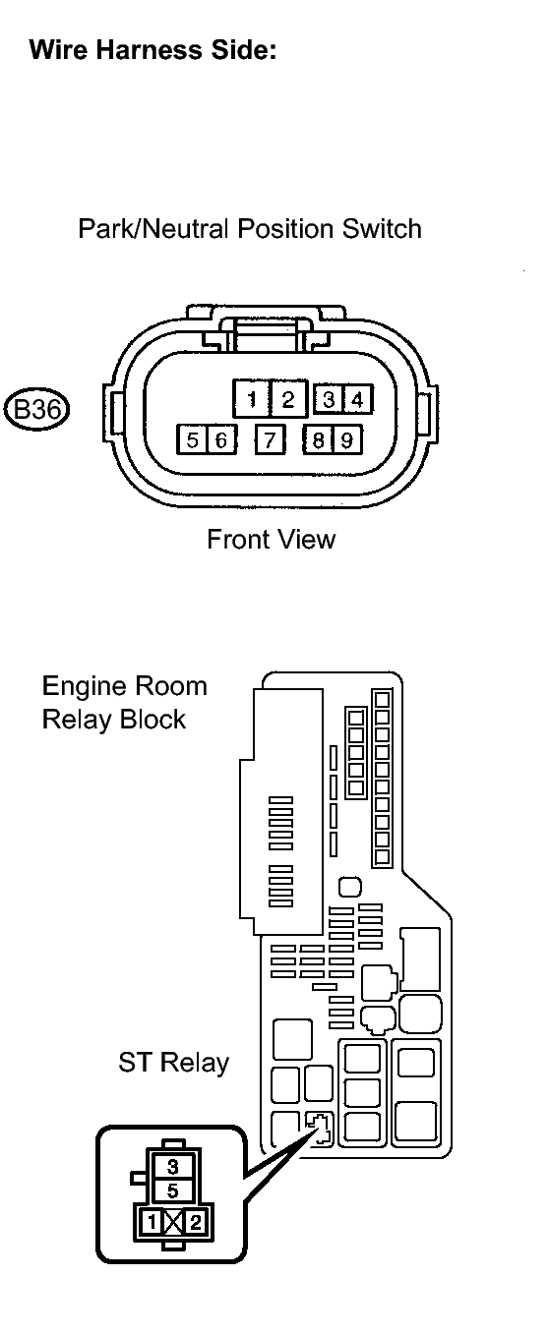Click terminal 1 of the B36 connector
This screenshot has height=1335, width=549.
[252, 399]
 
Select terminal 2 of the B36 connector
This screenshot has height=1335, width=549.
[289, 399]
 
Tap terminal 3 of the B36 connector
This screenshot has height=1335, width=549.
[329, 399]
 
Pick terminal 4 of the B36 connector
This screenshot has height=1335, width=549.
[358, 399]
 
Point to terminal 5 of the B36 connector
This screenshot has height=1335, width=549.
[192, 439]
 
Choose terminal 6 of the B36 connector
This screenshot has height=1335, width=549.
[221, 439]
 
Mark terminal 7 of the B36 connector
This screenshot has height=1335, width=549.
[271, 439]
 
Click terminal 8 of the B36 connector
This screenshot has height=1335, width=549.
[319, 439]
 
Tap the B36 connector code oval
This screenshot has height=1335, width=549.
[37, 409]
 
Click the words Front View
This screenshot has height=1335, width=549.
[271, 540]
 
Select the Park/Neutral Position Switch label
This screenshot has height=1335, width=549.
[250, 229]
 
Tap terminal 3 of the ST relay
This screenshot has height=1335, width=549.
[173, 1165]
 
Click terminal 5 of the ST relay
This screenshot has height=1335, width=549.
[173, 1190]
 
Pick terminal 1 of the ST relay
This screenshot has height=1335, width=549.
[152, 1222]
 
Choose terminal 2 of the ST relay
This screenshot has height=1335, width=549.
[195, 1222]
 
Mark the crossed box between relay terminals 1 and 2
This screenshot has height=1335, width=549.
[173, 1222]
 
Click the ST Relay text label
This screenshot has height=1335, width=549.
[173, 1062]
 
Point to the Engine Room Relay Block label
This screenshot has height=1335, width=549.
[125, 703]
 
